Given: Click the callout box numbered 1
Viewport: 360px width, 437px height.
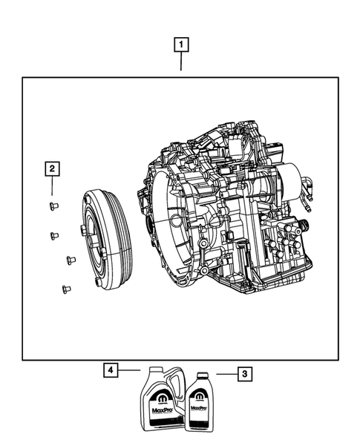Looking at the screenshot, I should pyautogui.click(x=180, y=45).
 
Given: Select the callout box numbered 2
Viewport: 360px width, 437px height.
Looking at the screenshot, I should pyautogui.click(x=50, y=170).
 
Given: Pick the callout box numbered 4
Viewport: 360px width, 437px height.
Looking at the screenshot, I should pyautogui.click(x=109, y=369).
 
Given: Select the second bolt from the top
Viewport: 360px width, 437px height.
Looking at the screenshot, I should pyautogui.click(x=54, y=236).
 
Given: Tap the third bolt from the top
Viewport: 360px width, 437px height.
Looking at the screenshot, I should pyautogui.click(x=71, y=260).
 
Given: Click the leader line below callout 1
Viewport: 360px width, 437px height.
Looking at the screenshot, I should pyautogui.click(x=180, y=63).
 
